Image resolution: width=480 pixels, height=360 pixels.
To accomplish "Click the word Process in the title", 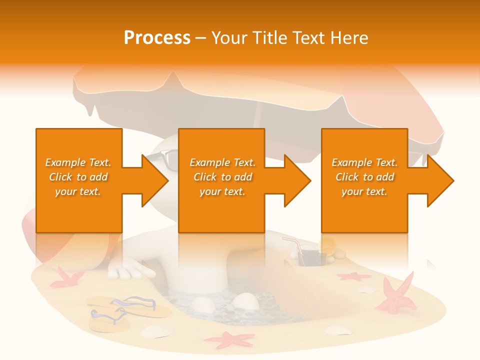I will (157, 38).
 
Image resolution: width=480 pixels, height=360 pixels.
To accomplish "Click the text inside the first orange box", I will (78, 177).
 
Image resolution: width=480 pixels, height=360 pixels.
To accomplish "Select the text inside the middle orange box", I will (222, 177).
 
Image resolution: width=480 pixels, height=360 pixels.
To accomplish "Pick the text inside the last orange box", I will (364, 177).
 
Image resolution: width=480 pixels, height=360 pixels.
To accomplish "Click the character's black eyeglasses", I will (163, 159).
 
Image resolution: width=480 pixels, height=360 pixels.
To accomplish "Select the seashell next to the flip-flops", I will (155, 331).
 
